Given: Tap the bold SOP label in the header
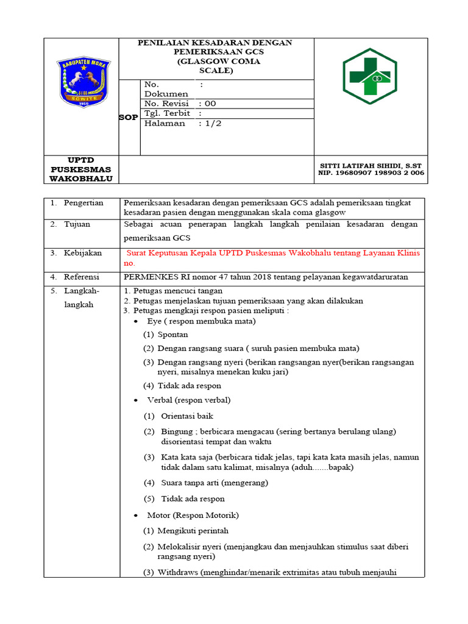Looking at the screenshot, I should pos(128,118).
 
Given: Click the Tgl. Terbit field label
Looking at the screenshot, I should pos(167,113).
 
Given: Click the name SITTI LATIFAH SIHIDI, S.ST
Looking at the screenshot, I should pos(370,166).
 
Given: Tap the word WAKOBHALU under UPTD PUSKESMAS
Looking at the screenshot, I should pos(82,179).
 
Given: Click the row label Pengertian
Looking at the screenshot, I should pos(83,203).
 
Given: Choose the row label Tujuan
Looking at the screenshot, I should pos(77,224).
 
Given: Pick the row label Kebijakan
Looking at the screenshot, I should pos(83,253).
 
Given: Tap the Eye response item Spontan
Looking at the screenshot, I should pos(172,335).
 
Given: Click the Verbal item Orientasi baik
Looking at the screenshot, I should pos(188,416).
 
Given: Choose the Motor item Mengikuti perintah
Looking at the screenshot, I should pos(193,531).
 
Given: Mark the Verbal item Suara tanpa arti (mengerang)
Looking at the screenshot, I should pos(214,483).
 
